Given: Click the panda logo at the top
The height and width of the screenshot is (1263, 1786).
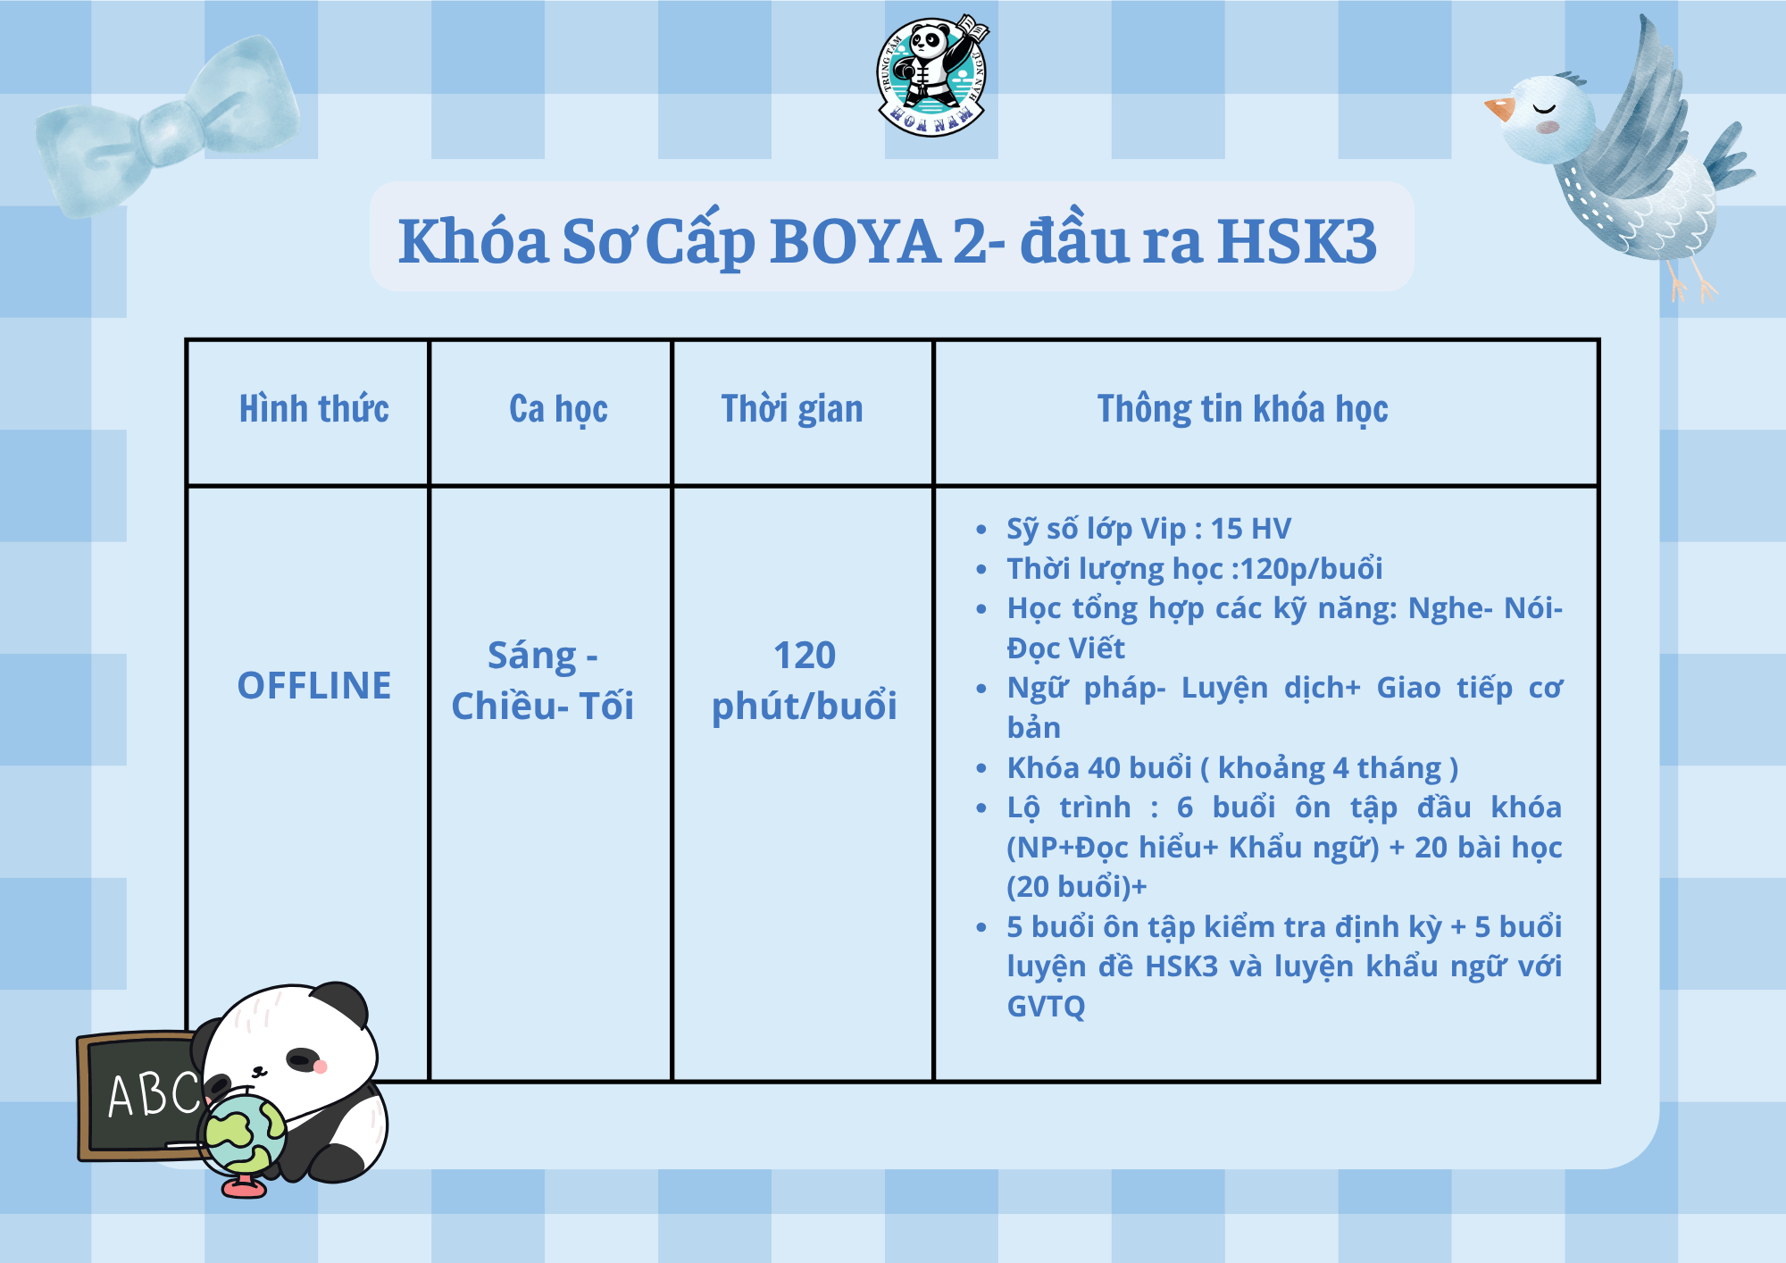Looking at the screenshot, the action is tap(932, 76).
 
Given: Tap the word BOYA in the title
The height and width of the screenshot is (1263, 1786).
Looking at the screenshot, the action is tap(855, 241).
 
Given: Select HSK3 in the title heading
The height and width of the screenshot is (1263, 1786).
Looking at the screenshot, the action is tap(1297, 241).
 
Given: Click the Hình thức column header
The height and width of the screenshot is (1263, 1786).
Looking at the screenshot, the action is tap(313, 409).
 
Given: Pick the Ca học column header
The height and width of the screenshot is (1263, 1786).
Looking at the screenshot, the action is tap(558, 409).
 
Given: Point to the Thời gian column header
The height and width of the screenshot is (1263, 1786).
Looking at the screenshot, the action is tap(792, 409).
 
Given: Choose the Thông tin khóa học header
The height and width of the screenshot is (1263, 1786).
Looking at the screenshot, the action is tap(1242, 409).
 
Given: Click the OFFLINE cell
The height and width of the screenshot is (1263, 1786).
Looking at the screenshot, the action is tap(313, 686).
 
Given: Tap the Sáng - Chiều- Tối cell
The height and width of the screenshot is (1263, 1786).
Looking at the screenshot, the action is tap(542, 681).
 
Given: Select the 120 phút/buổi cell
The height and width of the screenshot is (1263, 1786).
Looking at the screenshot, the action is tap(804, 681).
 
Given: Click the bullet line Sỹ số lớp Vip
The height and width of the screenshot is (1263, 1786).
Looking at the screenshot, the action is tap(1148, 529).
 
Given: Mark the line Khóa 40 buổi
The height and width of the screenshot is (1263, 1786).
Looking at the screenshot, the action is tap(1232, 768).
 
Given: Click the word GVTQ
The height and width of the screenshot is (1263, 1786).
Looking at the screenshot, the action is tap(1046, 1007).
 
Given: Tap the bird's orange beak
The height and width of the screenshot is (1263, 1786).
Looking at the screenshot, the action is tap(1499, 108).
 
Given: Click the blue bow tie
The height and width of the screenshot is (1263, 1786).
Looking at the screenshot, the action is tap(167, 125).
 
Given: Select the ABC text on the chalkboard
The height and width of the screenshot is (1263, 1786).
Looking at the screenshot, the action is tap(154, 1094).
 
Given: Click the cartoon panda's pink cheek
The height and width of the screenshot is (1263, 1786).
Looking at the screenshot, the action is tap(321, 1066).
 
